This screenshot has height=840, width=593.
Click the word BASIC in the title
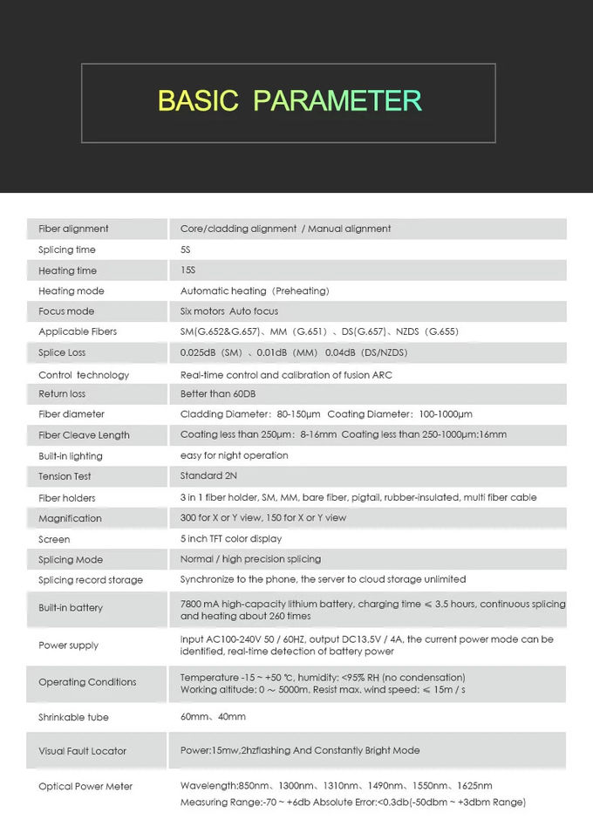coord(198,101)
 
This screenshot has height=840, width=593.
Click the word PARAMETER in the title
coord(337,101)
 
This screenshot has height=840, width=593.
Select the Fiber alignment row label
coord(73,229)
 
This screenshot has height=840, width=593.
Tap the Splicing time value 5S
coord(186,249)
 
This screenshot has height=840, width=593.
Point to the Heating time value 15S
coord(187,270)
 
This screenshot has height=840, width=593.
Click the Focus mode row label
coord(66,311)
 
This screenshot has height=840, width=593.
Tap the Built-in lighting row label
coord(71,456)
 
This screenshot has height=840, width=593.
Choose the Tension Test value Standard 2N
coord(208,476)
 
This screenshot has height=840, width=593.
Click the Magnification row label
coord(70,518)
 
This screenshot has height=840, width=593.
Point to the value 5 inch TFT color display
coord(231,539)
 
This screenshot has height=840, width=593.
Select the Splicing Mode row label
coord(71,559)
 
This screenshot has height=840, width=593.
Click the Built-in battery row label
coord(71,607)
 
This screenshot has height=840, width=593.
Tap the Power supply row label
coord(68,645)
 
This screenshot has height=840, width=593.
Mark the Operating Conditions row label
coord(87,682)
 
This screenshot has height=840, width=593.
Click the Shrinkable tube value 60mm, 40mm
coord(213,717)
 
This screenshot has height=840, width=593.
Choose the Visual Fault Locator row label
coord(82,751)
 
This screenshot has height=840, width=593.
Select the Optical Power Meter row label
coord(85,786)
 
